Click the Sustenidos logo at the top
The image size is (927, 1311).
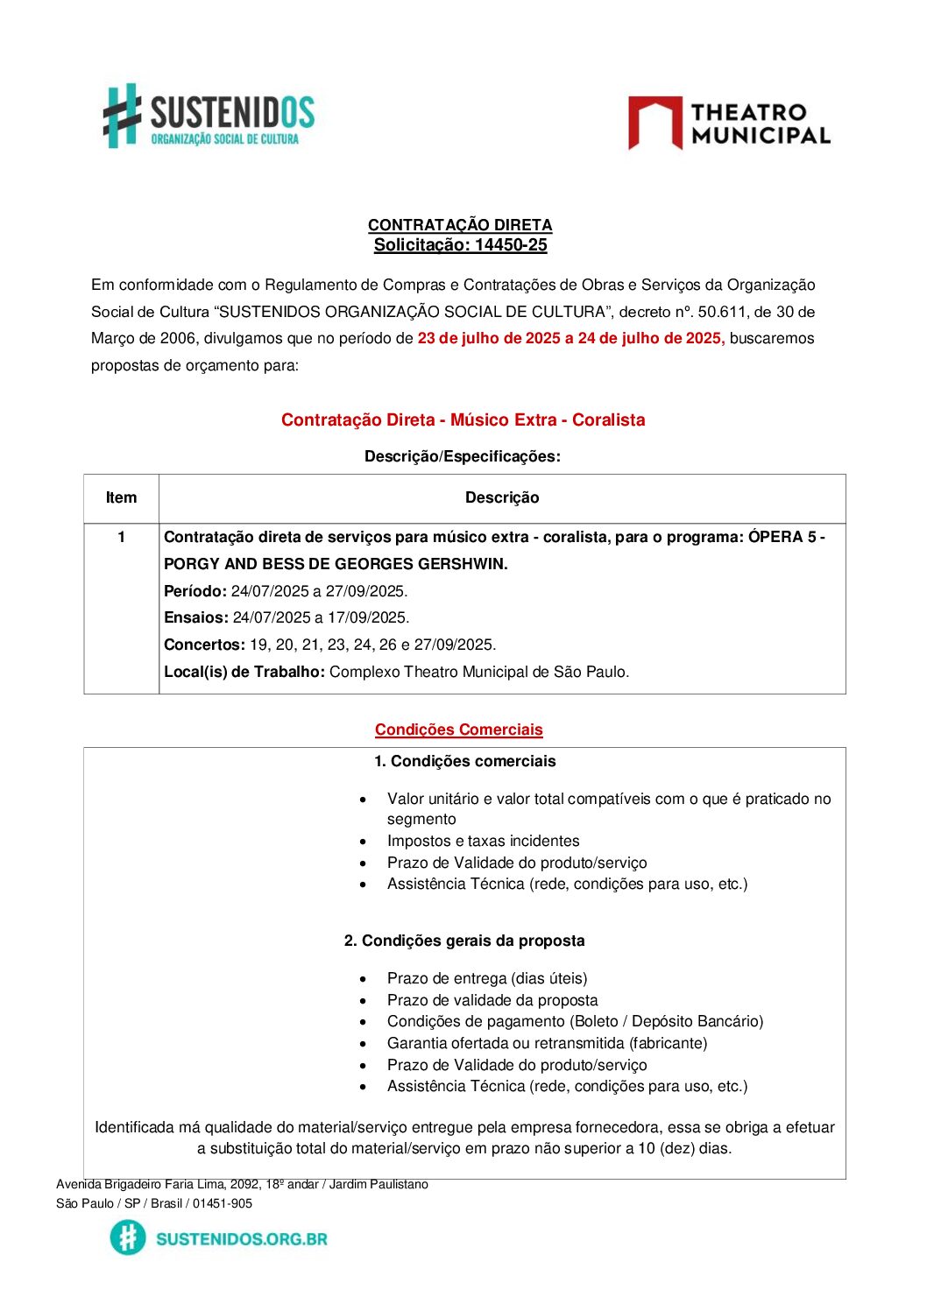click(209, 116)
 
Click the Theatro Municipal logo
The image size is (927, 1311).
click(729, 123)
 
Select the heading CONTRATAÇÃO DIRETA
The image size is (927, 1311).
click(460, 225)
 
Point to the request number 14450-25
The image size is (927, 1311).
click(511, 245)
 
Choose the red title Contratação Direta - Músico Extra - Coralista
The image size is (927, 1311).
click(463, 420)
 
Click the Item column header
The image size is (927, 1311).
click(121, 498)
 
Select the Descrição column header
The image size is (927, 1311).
click(502, 498)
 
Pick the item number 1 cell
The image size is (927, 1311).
click(121, 537)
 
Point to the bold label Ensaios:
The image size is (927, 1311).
click(196, 618)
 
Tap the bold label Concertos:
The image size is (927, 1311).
click(204, 645)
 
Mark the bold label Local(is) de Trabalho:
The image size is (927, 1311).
click(244, 673)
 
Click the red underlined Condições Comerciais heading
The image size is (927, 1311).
click(459, 730)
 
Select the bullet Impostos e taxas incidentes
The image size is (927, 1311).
click(483, 842)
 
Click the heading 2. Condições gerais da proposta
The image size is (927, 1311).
click(464, 941)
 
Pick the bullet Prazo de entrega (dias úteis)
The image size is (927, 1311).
click(487, 979)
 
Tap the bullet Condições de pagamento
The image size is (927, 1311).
click(575, 1022)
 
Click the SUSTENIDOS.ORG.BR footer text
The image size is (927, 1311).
click(241, 1239)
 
